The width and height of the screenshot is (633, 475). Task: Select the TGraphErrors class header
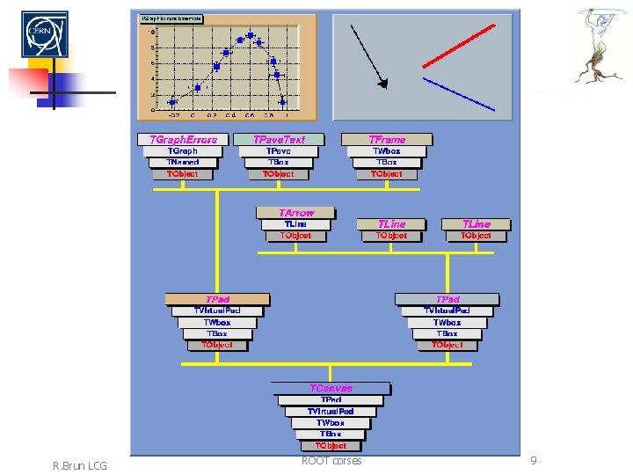[x=183, y=139]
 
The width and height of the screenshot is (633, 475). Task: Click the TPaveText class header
[x=279, y=139]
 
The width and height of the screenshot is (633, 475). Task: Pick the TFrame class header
[x=387, y=139]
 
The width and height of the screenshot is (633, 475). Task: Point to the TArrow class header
[x=295, y=213]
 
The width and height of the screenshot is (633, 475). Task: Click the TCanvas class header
[x=331, y=388]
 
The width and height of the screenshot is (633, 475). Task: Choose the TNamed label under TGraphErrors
[x=183, y=163]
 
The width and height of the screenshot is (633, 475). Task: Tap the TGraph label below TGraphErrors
[x=183, y=151]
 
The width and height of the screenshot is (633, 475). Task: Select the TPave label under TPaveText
[x=279, y=151]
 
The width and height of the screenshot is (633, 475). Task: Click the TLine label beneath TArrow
[x=295, y=224]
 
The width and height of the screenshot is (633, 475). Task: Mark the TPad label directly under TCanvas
[x=331, y=399]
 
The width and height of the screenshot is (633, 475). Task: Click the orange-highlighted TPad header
[x=217, y=299]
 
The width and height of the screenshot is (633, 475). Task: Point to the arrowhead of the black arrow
[x=382, y=84]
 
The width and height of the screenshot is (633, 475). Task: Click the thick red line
[x=458, y=46]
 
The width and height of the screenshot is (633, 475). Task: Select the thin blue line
[x=458, y=94]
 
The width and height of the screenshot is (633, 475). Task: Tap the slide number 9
[x=533, y=461]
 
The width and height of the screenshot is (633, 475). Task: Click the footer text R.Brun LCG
[x=80, y=465]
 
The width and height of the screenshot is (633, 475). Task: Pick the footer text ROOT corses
[x=331, y=461]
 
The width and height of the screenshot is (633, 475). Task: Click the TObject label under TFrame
[x=387, y=174]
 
